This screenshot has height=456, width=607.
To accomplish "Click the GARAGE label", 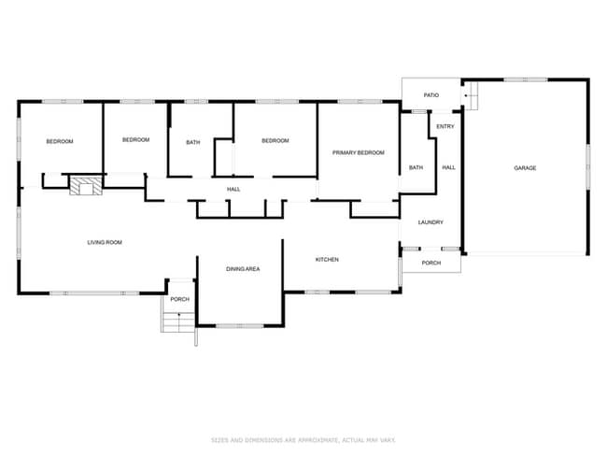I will [525, 168].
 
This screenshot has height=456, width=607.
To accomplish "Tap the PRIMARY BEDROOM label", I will [359, 152].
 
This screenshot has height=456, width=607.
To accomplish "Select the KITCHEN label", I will [326, 259].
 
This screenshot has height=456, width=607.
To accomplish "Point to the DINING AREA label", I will [242, 269].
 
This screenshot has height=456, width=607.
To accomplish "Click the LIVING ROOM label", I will [105, 242].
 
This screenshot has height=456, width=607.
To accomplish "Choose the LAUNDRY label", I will [430, 222].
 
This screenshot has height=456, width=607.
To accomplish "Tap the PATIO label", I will [431, 95].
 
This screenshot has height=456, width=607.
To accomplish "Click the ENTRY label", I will [445, 125].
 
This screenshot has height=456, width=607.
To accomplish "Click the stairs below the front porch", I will [176, 322].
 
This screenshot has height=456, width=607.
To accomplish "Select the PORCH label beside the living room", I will [179, 299].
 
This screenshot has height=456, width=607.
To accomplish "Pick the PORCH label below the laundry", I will [431, 263].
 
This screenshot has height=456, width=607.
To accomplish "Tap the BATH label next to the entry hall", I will [416, 168].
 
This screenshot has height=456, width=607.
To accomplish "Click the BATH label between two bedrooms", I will [192, 142].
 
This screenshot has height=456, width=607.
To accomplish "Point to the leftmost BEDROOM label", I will [60, 141].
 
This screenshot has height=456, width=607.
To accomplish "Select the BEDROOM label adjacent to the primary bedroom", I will [275, 141].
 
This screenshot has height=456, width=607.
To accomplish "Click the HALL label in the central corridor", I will [233, 190].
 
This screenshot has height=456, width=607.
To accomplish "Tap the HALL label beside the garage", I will [448, 168].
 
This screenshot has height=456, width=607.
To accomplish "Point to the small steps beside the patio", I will [472, 94].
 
